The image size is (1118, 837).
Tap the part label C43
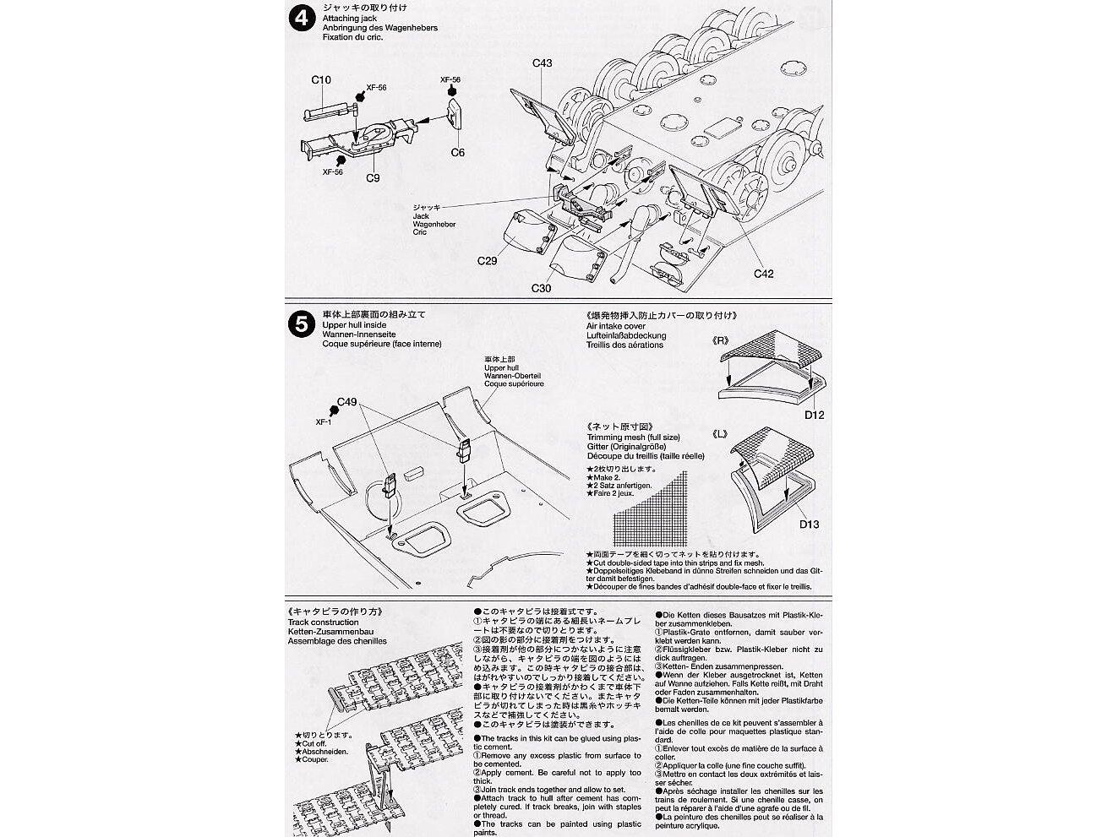tap(542, 63)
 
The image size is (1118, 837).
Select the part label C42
tap(763, 274)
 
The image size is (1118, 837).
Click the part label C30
tap(541, 289)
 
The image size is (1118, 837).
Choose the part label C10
tap(321, 80)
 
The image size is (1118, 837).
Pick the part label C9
tap(373, 178)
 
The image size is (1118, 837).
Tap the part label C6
tap(457, 153)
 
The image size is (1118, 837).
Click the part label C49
tap(347, 402)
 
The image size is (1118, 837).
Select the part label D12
tap(814, 415)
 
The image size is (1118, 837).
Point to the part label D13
tap(809, 524)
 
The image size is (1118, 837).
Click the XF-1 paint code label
tap(324, 421)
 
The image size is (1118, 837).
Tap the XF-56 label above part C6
tap(450, 79)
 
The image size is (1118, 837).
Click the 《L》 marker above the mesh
tap(721, 433)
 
